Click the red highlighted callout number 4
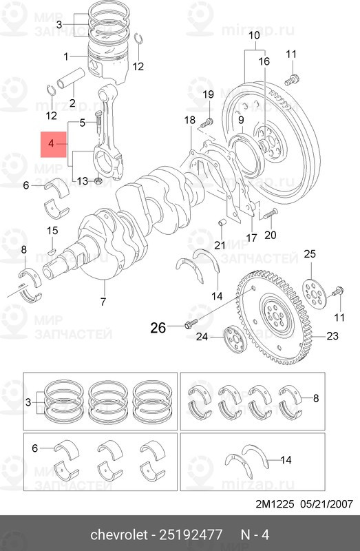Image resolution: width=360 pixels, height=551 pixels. click(x=51, y=143)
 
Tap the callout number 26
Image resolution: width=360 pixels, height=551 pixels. click(x=158, y=328)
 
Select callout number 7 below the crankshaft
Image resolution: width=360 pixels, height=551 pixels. click(x=103, y=302)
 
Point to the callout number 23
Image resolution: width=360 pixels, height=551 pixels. click(x=332, y=336)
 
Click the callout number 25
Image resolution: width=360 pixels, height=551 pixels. click(x=310, y=253)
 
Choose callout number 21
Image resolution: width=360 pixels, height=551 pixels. click(x=220, y=245)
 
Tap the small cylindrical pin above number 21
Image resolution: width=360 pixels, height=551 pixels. click(x=222, y=222)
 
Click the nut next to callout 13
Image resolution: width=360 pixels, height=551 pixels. click(x=98, y=180)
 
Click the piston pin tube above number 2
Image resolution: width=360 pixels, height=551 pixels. click(x=71, y=79)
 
